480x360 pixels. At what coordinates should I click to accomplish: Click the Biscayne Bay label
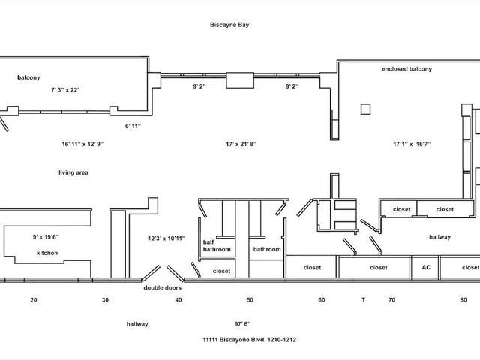click(x=229, y=25)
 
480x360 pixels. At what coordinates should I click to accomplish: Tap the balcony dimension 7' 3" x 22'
click(x=65, y=89)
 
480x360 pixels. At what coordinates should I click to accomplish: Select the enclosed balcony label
click(x=406, y=69)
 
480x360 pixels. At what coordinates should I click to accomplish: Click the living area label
click(x=73, y=172)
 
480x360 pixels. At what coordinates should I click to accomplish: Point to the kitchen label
click(x=47, y=253)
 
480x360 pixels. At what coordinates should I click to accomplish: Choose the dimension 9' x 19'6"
click(x=46, y=236)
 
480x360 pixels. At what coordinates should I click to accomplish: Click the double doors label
click(x=162, y=287)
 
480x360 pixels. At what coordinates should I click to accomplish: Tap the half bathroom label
click(x=217, y=245)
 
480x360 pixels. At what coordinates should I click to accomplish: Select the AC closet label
click(x=425, y=267)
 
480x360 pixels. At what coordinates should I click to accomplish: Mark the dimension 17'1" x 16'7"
click(x=412, y=144)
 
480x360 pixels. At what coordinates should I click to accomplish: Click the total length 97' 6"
click(x=242, y=324)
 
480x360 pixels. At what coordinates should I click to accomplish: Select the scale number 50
click(x=250, y=300)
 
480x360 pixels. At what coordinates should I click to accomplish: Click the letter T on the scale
click(x=363, y=300)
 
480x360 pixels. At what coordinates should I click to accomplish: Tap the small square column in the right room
click(x=364, y=109)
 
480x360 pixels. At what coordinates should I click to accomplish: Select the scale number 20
click(x=34, y=300)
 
